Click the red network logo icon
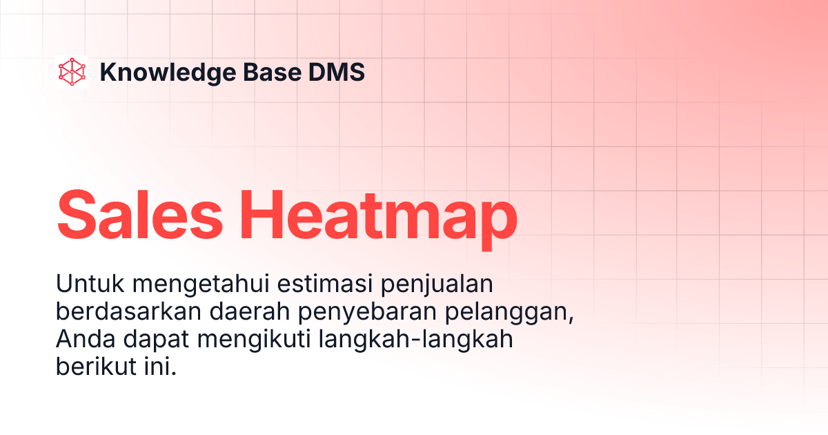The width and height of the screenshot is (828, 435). [72, 72]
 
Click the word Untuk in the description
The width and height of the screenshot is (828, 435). [83, 284]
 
